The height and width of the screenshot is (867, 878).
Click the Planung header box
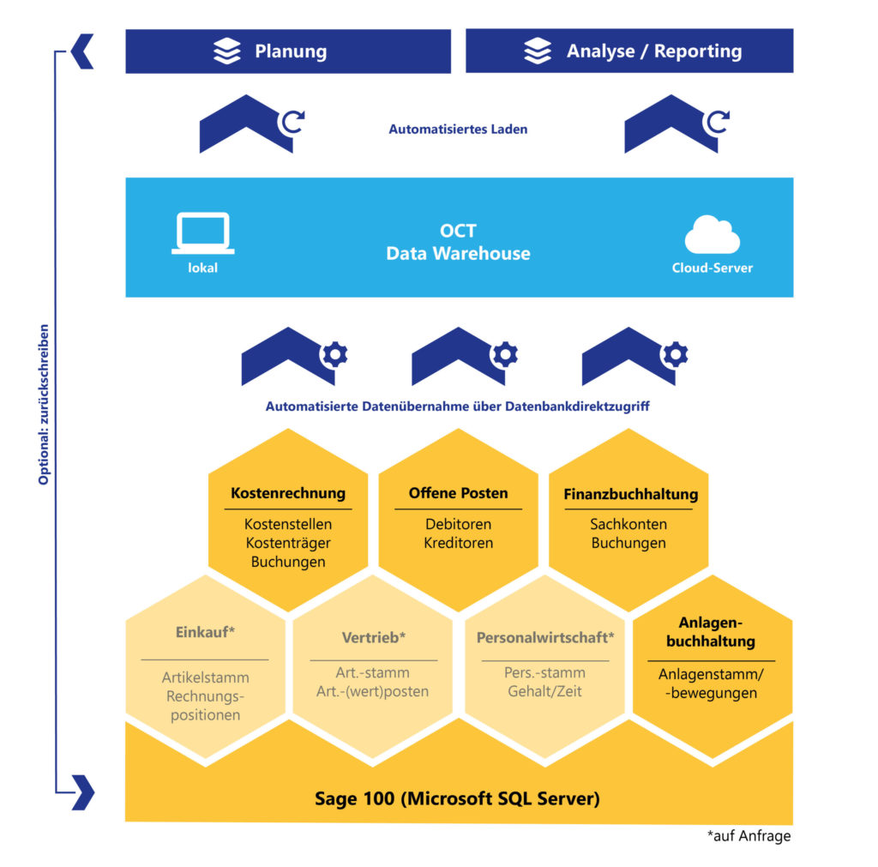(x=288, y=51)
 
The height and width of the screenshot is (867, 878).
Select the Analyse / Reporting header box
(x=629, y=51)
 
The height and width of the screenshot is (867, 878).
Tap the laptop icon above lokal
(x=202, y=233)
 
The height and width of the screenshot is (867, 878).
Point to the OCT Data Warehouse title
(x=458, y=243)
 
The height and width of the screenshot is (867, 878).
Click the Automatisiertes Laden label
(x=458, y=129)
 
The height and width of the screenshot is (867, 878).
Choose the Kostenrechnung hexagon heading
(x=288, y=493)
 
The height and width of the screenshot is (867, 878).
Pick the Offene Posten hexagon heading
(x=458, y=493)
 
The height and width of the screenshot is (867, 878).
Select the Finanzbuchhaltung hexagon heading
(x=630, y=494)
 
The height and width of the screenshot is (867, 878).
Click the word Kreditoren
(x=458, y=543)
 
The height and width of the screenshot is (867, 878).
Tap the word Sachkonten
(x=628, y=524)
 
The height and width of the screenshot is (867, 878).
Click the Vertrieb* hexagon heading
(x=373, y=638)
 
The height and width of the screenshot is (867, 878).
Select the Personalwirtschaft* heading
(x=545, y=638)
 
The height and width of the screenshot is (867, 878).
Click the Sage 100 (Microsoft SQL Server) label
(x=457, y=798)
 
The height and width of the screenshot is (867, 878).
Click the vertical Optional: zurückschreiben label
(x=44, y=404)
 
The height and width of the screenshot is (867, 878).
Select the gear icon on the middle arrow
(x=504, y=353)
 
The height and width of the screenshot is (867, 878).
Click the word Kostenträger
(x=288, y=543)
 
